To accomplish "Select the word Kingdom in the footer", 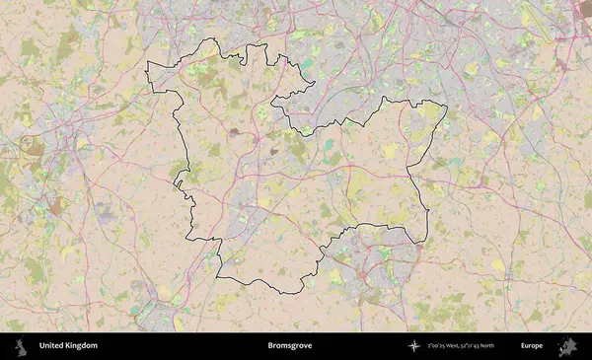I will tap(83, 346).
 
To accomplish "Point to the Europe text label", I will tap(532, 346).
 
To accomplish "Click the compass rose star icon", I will tap(414, 346).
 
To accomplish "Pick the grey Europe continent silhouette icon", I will tap(567, 346).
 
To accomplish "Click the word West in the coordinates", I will tap(455, 346).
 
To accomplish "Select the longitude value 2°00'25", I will tap(437, 346).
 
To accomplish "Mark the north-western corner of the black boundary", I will tap(148, 64).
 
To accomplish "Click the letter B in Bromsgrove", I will tap(269, 346).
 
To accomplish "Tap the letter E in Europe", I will tap(523, 346).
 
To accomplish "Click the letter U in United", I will tap(41, 346).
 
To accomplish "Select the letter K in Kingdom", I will tap(70, 346).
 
